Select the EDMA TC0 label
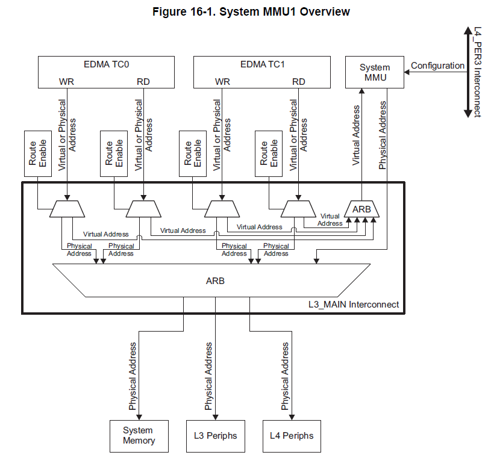click(x=106, y=64)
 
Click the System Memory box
click(x=139, y=435)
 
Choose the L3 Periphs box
click(x=215, y=435)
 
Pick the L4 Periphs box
click(x=292, y=435)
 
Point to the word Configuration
click(x=437, y=66)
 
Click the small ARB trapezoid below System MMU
click(x=362, y=209)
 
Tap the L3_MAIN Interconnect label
click(x=354, y=305)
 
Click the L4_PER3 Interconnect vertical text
click(x=477, y=72)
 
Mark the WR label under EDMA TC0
click(x=66, y=81)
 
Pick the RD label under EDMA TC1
click(x=298, y=81)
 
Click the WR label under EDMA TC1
click(x=222, y=81)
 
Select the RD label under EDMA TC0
click(x=143, y=81)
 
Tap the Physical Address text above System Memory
click(x=133, y=377)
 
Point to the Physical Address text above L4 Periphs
click(x=286, y=377)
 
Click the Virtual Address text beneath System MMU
click(x=356, y=135)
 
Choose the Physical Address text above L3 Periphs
click(x=209, y=377)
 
